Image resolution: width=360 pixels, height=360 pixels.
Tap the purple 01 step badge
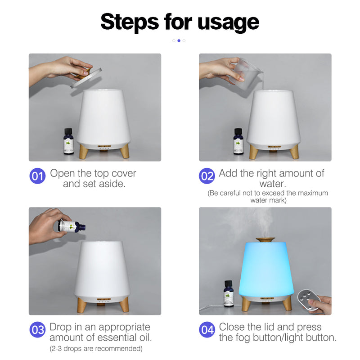pos(37,176)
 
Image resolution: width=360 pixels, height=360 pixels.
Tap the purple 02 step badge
pos(207,176)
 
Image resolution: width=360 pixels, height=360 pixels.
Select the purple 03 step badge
pos(37,330)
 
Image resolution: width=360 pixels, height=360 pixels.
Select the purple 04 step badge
pos(207,330)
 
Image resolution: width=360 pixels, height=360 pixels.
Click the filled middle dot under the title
pos(179,40)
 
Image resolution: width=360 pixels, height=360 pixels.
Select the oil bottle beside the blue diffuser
pos(229,293)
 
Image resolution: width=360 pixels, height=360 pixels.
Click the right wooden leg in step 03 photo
pos(125,305)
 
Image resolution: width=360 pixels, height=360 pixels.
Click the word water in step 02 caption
pos(271,184)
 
